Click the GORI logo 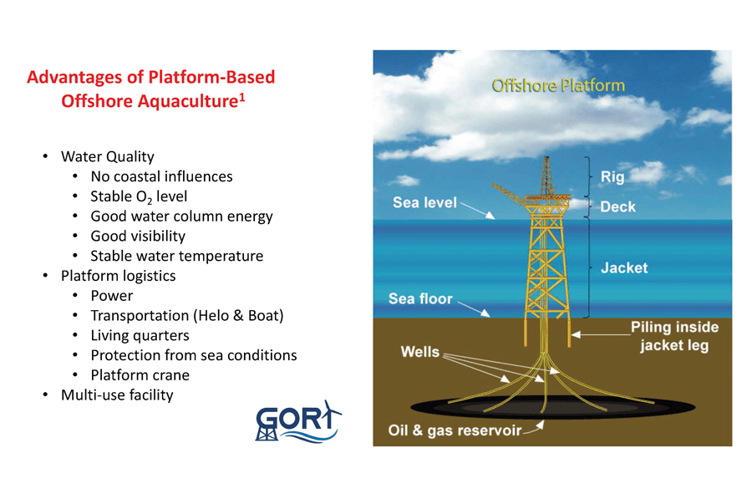pyautogui.click(x=297, y=421)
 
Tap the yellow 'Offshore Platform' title pyautogui.click(x=558, y=85)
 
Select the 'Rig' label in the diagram pyautogui.click(x=612, y=176)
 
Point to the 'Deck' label pyautogui.click(x=617, y=206)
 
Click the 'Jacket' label pyautogui.click(x=624, y=267)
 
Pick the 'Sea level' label pyautogui.click(x=424, y=202)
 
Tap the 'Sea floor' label pyautogui.click(x=420, y=298)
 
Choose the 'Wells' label pyautogui.click(x=419, y=352)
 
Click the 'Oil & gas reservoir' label pyautogui.click(x=455, y=430)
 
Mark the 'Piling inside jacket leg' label pyautogui.click(x=674, y=336)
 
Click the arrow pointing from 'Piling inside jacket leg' pyautogui.click(x=601, y=334)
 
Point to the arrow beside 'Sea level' pyautogui.click(x=477, y=210)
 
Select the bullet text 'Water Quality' pyautogui.click(x=108, y=156)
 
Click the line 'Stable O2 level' pyautogui.click(x=139, y=196)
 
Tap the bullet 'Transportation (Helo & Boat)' pyautogui.click(x=187, y=316)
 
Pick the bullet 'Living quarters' pyautogui.click(x=140, y=335)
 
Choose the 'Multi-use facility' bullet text pyautogui.click(x=117, y=395)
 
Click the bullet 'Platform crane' pyautogui.click(x=140, y=375)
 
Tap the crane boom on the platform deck pyautogui.click(x=507, y=192)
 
